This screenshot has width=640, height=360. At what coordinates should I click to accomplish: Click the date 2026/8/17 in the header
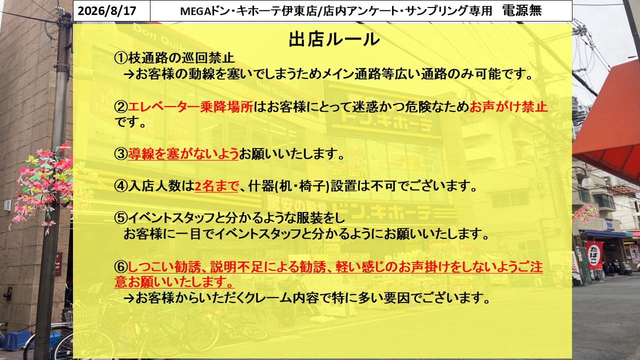click(x=107, y=11)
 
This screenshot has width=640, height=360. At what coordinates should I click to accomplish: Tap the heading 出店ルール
click(x=334, y=39)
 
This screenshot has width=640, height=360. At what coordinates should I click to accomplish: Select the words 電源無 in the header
click(x=521, y=10)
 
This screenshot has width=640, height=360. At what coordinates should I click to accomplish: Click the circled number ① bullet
click(x=121, y=58)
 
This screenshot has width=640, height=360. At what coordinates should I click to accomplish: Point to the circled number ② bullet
click(x=121, y=107)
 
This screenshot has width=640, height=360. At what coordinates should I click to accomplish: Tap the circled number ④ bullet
click(x=121, y=186)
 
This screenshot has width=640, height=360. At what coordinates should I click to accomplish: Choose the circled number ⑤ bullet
click(x=121, y=218)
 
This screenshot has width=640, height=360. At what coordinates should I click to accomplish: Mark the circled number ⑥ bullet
click(x=121, y=267)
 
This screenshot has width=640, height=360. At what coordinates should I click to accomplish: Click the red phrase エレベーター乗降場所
click(x=190, y=107)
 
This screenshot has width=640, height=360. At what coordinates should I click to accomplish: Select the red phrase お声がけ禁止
click(x=508, y=107)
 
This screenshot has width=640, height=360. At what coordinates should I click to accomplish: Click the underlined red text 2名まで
click(x=216, y=186)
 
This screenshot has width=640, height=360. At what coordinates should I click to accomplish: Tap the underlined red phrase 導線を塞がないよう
click(x=183, y=154)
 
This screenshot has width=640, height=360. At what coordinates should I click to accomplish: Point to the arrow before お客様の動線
click(x=129, y=75)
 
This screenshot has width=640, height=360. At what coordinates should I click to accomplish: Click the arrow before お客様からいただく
click(x=129, y=298)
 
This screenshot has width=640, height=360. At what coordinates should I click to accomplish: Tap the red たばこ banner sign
click(x=594, y=255)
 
